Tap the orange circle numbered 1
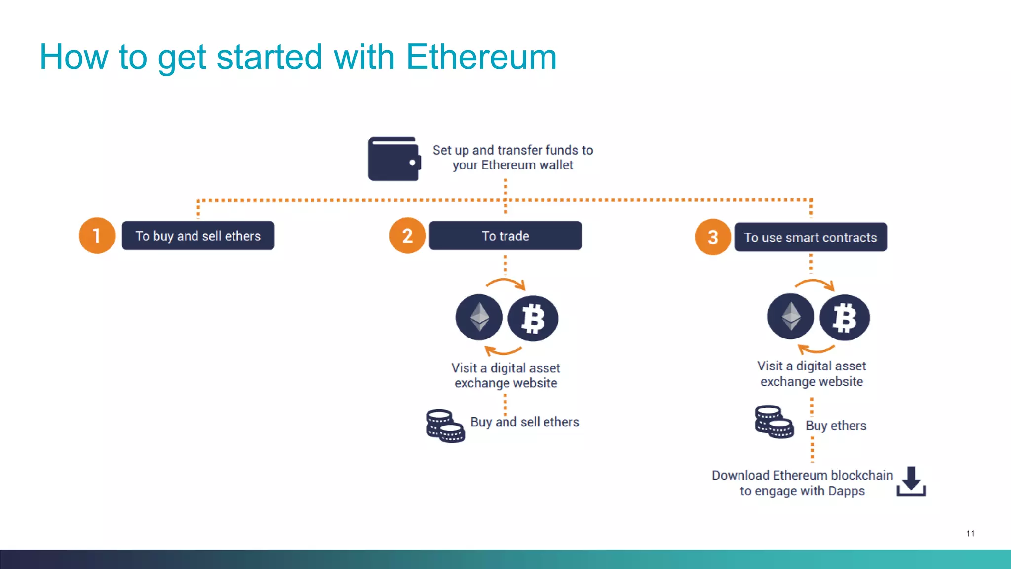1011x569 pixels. tap(97, 236)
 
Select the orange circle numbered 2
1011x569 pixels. tap(407, 236)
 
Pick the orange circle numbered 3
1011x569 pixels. tap(712, 237)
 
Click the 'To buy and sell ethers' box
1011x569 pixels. tap(198, 236)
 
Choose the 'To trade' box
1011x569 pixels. tap(505, 236)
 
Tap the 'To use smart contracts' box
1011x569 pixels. tap(810, 237)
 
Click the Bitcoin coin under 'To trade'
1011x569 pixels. tap(533, 318)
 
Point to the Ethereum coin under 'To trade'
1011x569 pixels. tap(479, 317)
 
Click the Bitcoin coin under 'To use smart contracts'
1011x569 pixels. tap(845, 317)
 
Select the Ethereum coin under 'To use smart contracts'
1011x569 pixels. tap(790, 316)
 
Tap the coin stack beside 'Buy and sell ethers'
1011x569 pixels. tap(445, 425)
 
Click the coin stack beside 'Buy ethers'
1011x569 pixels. tap(774, 421)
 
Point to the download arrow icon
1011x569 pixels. tap(911, 481)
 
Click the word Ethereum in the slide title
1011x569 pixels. tap(481, 57)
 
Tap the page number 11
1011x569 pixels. tap(970, 533)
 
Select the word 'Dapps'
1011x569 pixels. tap(846, 491)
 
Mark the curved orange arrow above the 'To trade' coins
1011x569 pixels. tap(505, 284)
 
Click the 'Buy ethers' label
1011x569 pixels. tap(836, 425)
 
